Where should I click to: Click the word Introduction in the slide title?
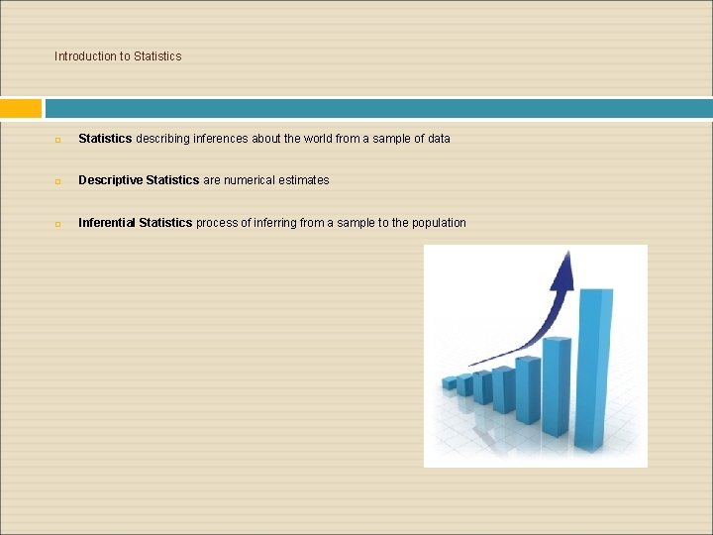(85, 56)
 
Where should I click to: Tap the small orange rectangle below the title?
(21, 108)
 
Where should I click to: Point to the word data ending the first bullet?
(438, 139)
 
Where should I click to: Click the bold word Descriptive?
(110, 180)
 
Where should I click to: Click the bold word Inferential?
(107, 223)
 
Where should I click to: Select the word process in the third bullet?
(217, 223)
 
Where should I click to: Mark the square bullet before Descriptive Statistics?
(58, 181)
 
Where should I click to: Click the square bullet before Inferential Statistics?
(58, 224)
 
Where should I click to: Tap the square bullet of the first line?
(58, 140)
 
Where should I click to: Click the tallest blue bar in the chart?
(594, 367)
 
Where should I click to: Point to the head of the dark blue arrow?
(566, 266)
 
